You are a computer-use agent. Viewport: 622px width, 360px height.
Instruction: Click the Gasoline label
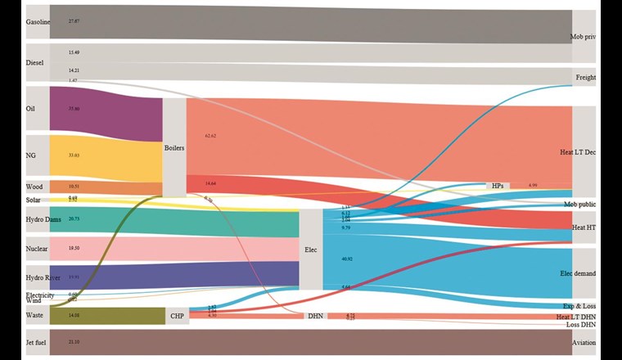tap(38, 22)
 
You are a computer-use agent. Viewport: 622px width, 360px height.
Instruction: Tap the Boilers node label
tap(174, 148)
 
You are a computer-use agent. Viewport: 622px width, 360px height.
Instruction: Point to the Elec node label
tap(310, 250)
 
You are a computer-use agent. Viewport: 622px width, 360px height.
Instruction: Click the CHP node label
tap(177, 315)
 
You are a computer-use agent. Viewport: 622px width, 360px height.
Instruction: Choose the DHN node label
tap(315, 315)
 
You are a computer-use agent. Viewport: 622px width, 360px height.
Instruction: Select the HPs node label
tap(498, 186)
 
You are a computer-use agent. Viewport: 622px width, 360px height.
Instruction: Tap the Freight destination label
tap(585, 78)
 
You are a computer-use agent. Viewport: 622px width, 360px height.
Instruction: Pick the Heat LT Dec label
tap(577, 152)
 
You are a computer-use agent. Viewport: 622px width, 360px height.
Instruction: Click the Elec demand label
tap(577, 273)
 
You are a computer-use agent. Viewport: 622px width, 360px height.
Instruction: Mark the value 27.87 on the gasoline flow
tap(74, 20)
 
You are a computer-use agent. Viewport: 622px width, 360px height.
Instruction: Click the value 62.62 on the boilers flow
tap(210, 136)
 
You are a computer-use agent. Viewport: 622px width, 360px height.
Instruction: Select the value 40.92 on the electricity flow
tap(348, 259)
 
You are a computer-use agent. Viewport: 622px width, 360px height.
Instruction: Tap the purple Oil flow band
tap(106, 109)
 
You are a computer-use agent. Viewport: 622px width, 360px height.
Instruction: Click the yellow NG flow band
tap(106, 155)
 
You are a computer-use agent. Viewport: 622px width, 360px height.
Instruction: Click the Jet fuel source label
tap(38, 341)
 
